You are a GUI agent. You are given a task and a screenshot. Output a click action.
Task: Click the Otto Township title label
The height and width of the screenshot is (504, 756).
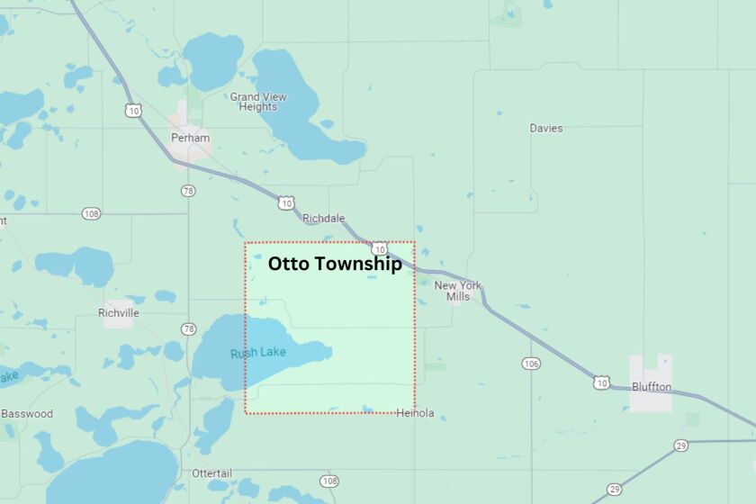(335, 265)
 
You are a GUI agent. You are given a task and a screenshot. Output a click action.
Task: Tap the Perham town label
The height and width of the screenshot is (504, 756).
(190, 138)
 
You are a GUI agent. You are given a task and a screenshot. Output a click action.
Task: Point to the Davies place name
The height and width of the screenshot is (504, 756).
(545, 128)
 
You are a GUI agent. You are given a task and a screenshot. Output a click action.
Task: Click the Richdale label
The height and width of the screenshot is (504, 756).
(323, 219)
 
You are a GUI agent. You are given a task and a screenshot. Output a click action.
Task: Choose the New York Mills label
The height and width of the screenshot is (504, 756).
(458, 291)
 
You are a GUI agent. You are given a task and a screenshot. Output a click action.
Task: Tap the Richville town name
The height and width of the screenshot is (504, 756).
(119, 313)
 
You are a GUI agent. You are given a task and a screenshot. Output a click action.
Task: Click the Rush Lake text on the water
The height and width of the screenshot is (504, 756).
(257, 353)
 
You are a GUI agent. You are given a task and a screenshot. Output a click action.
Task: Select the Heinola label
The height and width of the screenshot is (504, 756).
(415, 413)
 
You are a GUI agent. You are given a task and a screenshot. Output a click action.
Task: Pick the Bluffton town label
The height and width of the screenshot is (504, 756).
(652, 386)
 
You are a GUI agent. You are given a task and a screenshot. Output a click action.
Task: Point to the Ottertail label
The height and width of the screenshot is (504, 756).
(212, 473)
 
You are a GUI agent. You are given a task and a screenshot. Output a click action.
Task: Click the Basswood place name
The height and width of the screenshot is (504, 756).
(27, 414)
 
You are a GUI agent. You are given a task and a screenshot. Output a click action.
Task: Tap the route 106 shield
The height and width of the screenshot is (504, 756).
(531, 363)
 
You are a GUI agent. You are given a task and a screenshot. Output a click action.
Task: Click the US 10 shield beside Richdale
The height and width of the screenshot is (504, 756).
(286, 203)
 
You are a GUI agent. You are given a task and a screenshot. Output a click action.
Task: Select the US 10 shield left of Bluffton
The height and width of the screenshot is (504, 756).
(601, 382)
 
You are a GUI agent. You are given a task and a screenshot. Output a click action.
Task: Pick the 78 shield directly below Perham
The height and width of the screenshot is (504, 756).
(187, 191)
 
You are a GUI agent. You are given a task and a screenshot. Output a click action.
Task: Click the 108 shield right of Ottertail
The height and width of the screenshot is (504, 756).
(328, 481)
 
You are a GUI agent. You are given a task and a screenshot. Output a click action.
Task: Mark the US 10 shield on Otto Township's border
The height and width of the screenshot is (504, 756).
(380, 248)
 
